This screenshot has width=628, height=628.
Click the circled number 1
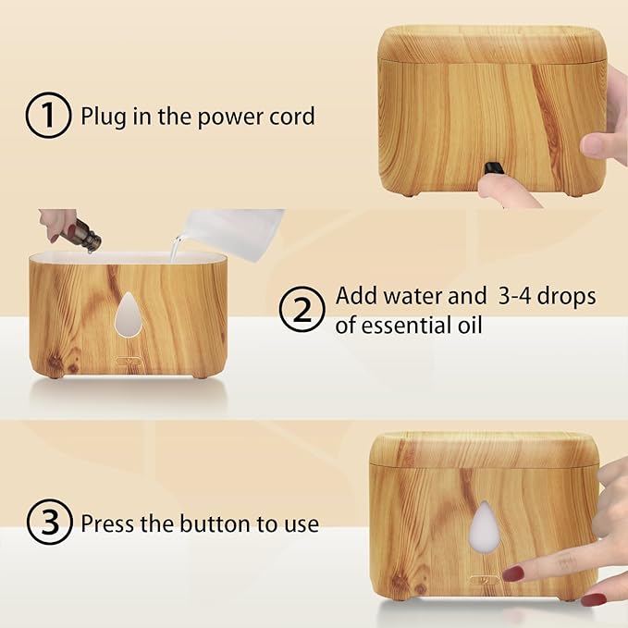coord(48,117)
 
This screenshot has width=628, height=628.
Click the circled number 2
coord(302,310)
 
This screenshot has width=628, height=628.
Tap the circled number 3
coord(48,523)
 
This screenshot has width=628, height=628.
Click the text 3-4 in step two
coord(513,297)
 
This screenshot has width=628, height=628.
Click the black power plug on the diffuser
coord(497,167)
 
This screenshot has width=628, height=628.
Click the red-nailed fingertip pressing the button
coord(511,573)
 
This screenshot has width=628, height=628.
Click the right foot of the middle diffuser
coord(199,374)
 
